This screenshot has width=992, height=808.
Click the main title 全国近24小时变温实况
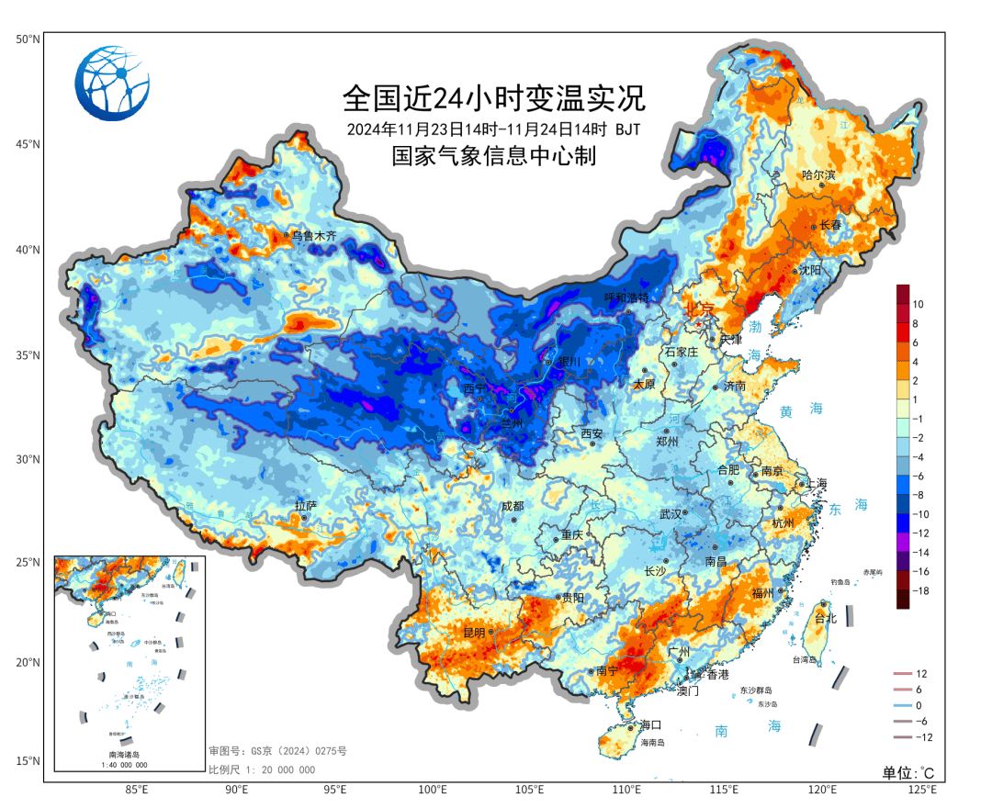[494, 96]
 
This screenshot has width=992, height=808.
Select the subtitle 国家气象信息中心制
[494, 156]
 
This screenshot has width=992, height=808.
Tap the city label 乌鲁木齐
[313, 236]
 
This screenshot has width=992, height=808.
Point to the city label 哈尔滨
[818, 174]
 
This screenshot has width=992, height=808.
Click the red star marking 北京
[698, 324]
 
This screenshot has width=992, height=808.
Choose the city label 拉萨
[306, 505]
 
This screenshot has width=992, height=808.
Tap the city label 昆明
[474, 634]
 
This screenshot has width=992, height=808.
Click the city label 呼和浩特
[626, 297]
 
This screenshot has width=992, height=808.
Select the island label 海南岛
[651, 742]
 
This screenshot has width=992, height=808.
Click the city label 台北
[826, 619]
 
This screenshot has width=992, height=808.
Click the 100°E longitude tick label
[433, 790]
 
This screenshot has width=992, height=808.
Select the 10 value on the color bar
[918, 304]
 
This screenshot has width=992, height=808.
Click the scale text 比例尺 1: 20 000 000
[262, 769]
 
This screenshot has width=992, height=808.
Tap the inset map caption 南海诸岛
[128, 754]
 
